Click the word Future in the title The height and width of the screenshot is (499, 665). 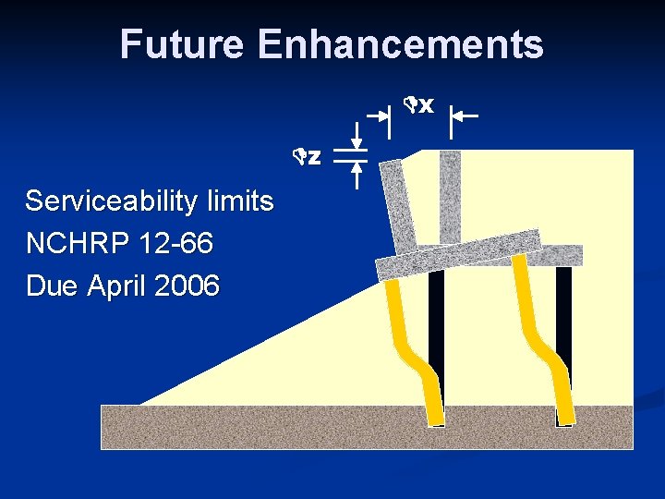coord(182,44)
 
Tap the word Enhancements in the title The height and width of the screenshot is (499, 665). coord(401,44)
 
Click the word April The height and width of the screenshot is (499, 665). coord(118,286)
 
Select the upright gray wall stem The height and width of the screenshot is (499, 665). coord(450,194)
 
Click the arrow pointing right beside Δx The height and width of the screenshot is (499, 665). coord(378,116)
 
